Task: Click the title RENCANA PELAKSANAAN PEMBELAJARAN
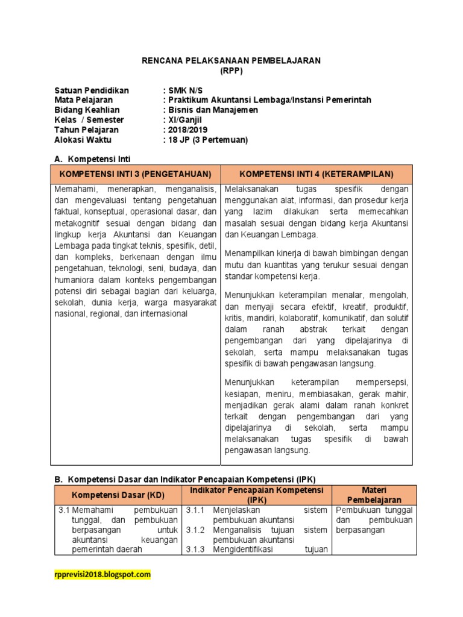(x=231, y=61)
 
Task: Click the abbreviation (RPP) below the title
(x=231, y=70)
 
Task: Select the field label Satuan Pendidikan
(x=91, y=90)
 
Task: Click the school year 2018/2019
(x=183, y=130)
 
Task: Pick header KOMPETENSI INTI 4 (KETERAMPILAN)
(x=316, y=174)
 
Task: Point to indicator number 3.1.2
(x=195, y=530)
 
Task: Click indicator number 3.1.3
(x=195, y=549)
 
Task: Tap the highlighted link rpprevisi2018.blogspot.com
(x=102, y=575)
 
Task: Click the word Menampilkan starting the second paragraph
(x=247, y=253)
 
